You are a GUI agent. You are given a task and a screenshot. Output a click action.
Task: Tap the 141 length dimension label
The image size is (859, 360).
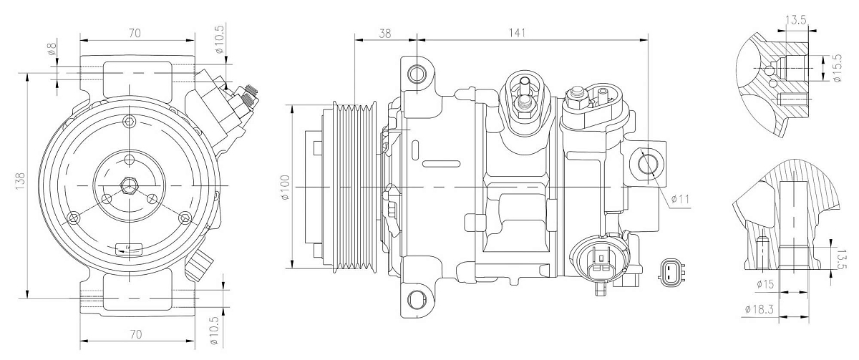click(517, 32)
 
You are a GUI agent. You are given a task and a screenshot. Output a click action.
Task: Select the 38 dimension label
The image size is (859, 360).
click(384, 32)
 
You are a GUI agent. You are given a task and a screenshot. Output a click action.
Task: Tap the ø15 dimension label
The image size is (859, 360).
click(765, 285)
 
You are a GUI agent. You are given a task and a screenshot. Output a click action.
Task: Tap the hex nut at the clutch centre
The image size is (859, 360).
click(129, 185)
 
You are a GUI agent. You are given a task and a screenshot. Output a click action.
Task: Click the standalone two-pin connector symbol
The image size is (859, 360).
click(671, 271)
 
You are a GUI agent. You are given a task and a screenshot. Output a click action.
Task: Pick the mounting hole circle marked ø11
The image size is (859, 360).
click(647, 165)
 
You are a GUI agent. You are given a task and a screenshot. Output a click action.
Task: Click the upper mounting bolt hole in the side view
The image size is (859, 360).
click(417, 74)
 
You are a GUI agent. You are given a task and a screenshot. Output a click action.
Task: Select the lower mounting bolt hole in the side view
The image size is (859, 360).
click(417, 298)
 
